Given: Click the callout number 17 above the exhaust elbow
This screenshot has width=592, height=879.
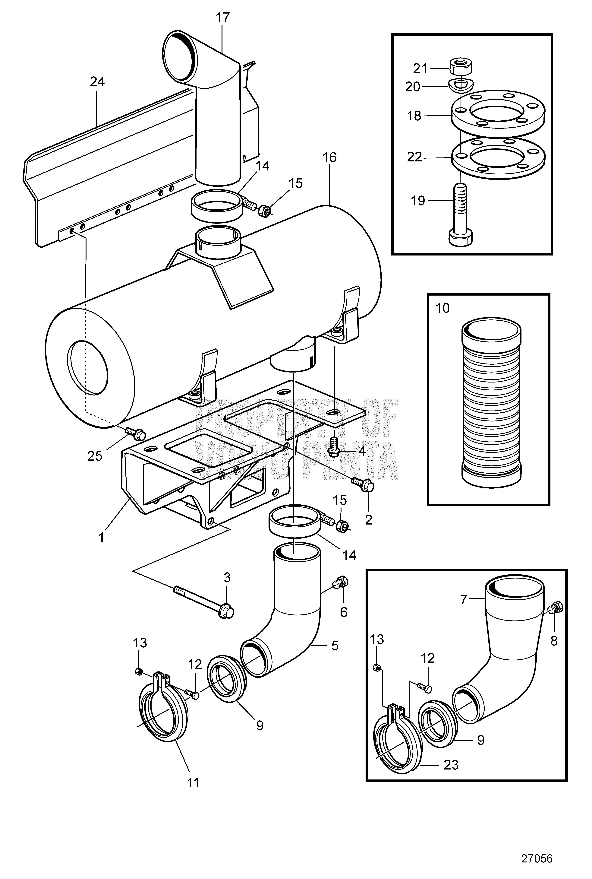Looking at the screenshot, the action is (x=223, y=18).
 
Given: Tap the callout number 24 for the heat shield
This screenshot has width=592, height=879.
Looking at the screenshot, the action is (x=97, y=82).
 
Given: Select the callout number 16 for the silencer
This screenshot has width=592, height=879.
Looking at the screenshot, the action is (x=330, y=157).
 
